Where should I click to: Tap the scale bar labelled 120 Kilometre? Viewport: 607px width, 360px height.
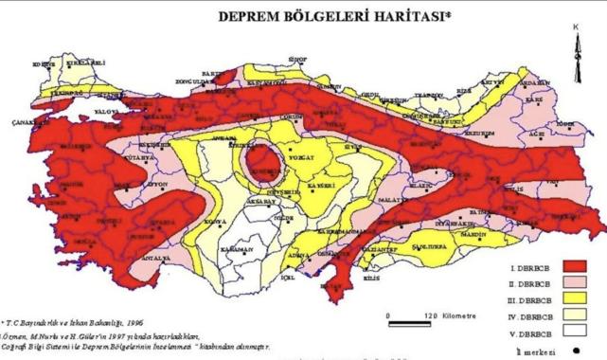(x=416, y=314)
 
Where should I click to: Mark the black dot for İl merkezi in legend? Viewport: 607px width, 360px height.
(x=590, y=350)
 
